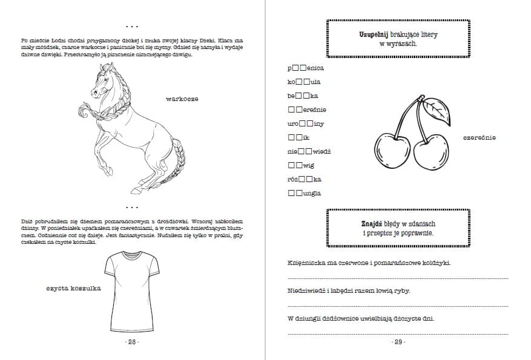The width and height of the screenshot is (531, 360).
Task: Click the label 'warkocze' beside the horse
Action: [182, 99]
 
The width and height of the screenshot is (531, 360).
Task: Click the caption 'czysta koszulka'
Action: [73, 288]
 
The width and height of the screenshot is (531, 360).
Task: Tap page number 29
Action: [398, 342]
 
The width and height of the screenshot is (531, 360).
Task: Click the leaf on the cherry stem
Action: [435, 111]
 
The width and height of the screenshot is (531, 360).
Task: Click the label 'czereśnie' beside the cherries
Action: [480, 138]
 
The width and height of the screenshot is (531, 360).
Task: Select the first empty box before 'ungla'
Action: [292, 194]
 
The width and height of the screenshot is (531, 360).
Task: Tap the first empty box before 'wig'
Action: [292, 165]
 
